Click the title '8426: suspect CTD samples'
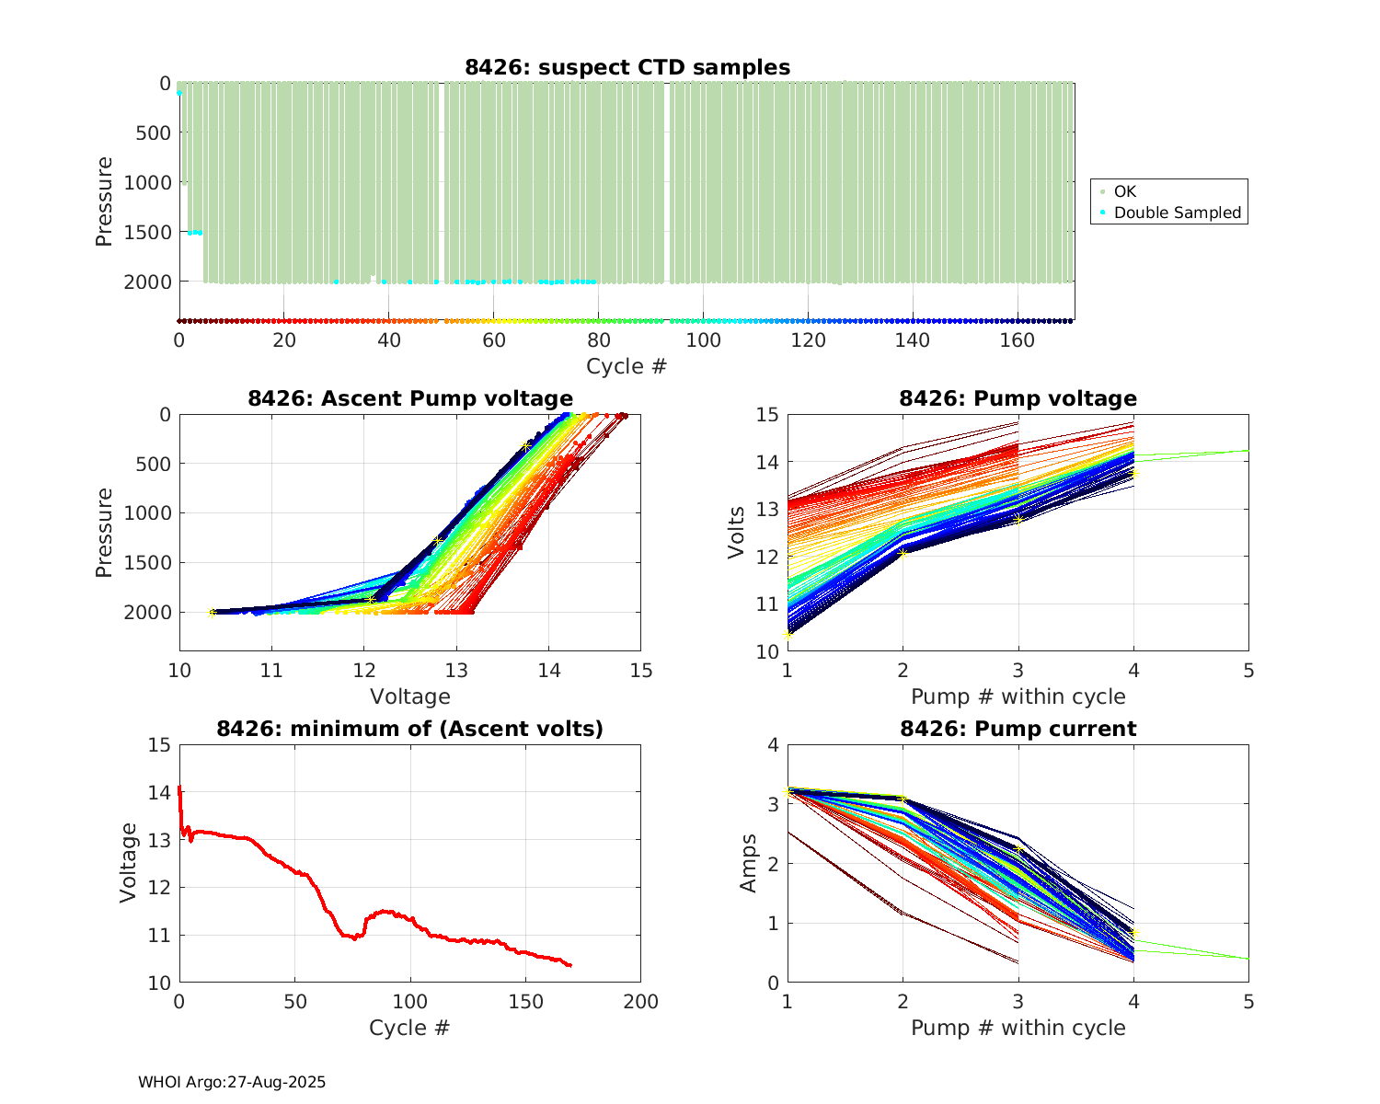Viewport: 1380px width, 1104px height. click(627, 67)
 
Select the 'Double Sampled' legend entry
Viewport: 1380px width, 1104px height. click(1177, 213)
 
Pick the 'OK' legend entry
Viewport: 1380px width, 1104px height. click(1124, 191)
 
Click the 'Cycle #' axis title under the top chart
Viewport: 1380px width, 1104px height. click(627, 366)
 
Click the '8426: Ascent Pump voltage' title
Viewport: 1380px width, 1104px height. click(410, 398)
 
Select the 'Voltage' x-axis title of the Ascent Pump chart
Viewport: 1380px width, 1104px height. click(410, 696)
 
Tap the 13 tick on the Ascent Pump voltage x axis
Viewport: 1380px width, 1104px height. click(456, 670)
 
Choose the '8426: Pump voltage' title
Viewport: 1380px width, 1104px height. click(1018, 398)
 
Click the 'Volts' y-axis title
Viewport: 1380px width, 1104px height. click(736, 533)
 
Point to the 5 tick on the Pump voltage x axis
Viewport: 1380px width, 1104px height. click(1248, 671)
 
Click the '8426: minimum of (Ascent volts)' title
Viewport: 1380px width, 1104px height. click(410, 729)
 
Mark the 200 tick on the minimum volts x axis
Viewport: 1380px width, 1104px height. click(641, 1002)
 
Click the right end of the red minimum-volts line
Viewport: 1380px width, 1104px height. click(570, 965)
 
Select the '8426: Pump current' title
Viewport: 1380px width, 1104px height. click(1018, 729)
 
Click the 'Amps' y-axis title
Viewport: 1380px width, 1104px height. click(749, 863)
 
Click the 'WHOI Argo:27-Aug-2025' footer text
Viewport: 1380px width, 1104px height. click(232, 1082)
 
